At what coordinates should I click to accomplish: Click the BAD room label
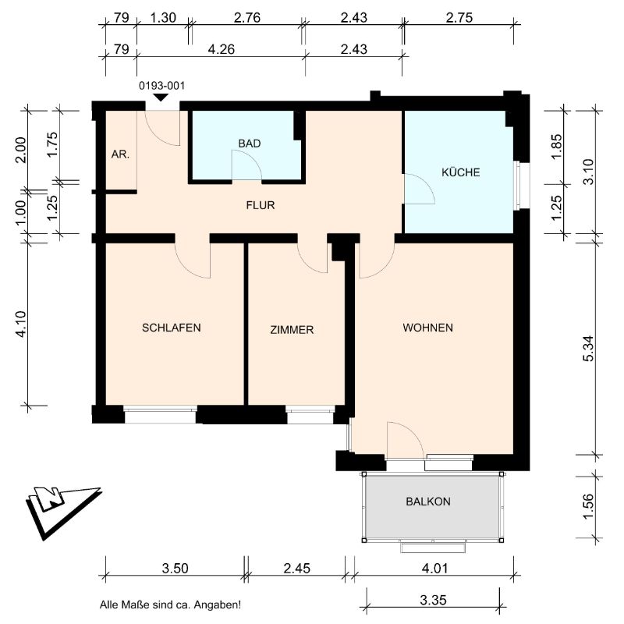click(250, 144)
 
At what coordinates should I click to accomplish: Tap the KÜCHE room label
click(460, 172)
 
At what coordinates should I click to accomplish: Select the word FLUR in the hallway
click(261, 205)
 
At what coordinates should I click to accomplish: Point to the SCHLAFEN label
click(171, 328)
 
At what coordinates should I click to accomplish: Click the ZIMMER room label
click(292, 329)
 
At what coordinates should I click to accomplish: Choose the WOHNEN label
click(427, 328)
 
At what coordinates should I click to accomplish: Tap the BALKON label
click(428, 502)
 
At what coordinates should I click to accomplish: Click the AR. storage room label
click(120, 154)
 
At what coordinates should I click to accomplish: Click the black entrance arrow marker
click(161, 97)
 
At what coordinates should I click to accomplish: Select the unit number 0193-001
click(161, 86)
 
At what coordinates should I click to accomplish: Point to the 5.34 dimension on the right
click(589, 349)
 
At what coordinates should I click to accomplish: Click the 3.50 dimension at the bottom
click(175, 569)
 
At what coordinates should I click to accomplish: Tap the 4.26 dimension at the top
click(222, 49)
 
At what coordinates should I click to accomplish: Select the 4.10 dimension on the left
click(21, 324)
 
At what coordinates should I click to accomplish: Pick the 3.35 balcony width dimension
click(433, 600)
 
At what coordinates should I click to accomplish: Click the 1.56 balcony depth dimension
click(589, 506)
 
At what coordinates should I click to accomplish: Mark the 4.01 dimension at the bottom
click(434, 569)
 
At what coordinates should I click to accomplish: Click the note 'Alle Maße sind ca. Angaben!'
click(170, 605)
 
